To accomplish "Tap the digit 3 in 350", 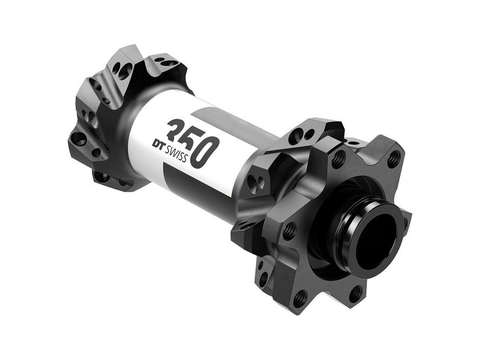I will click(x=176, y=131).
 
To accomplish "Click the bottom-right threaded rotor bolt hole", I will click(x=355, y=294).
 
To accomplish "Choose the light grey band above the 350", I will click(x=216, y=116).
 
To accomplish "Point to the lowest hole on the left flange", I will click(x=101, y=176).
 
